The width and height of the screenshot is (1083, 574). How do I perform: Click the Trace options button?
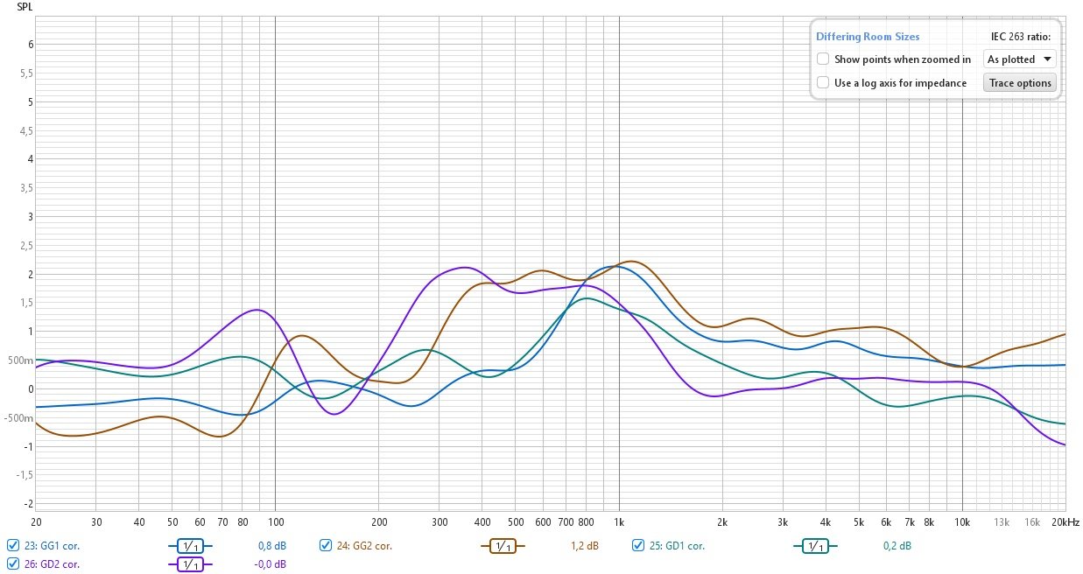(1020, 83)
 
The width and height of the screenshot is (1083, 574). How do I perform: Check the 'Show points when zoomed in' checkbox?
(823, 59)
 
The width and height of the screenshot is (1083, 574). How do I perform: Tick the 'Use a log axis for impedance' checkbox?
(823, 83)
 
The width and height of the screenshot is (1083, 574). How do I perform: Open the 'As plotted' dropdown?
(1020, 59)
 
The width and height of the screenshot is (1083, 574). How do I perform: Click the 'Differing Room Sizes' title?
(868, 37)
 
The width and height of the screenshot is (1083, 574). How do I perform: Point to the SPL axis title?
(25, 6)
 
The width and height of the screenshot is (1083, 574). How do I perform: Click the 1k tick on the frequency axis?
(619, 521)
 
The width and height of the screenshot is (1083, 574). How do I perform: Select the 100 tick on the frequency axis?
(275, 521)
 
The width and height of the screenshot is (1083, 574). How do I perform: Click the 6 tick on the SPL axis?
(31, 45)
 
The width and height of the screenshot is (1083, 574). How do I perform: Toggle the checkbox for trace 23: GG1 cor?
(12, 545)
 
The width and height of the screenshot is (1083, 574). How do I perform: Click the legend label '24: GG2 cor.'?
(366, 546)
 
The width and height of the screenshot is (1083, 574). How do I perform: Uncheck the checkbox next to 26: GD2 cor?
(12, 564)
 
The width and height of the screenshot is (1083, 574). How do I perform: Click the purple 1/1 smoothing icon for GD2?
(190, 564)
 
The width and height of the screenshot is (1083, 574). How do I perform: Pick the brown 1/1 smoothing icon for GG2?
(503, 546)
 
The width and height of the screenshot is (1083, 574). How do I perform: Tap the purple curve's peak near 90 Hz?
(256, 310)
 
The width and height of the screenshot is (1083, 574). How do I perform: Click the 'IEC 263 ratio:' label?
(1019, 37)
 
